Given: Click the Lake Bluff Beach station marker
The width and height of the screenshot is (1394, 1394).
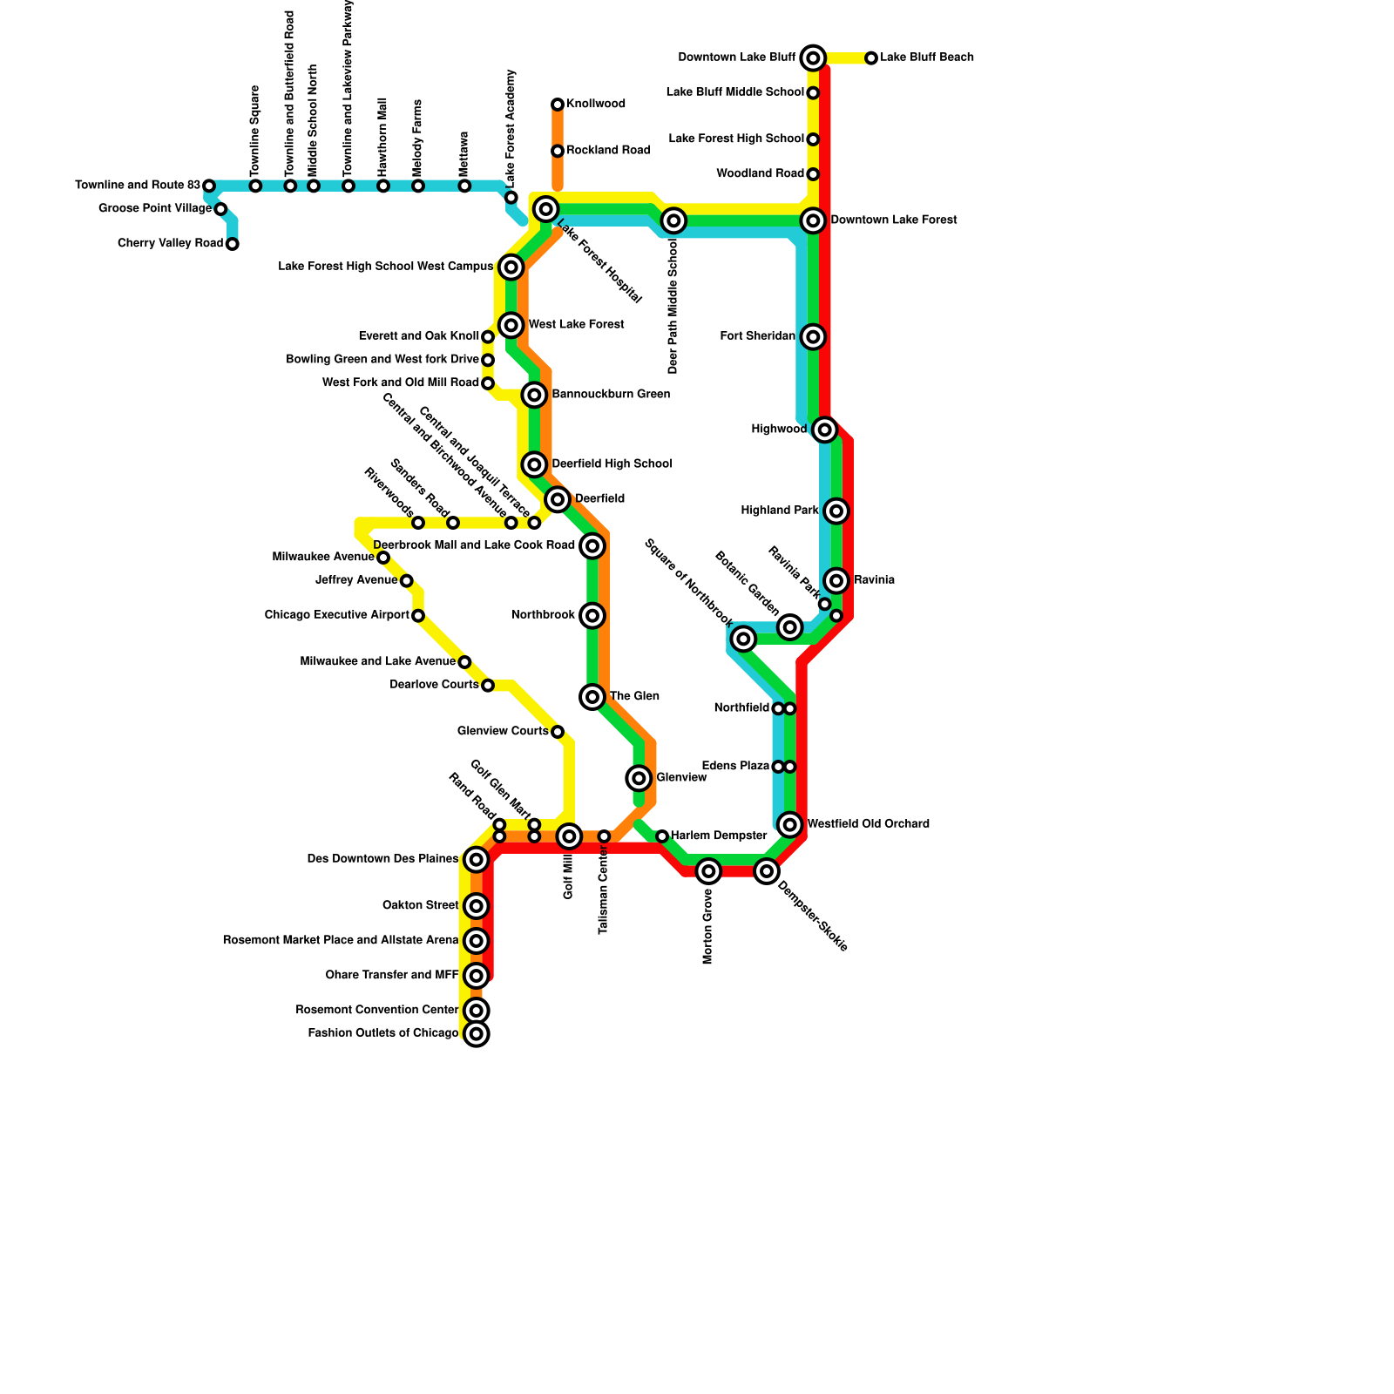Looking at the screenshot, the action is pos(871,58).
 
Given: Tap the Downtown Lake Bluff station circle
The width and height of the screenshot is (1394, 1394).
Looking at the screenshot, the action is pos(813,58).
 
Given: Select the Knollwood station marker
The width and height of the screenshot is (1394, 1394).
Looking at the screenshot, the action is pos(558,105).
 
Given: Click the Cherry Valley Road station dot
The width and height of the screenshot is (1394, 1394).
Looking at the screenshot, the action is pos(232,244).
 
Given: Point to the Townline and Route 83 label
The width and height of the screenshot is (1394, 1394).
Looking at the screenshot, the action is pos(138,186).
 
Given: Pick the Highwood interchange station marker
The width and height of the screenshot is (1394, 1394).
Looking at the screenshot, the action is pos(825,430).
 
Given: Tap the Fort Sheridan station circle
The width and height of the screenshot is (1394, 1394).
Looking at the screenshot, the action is pos(813,336).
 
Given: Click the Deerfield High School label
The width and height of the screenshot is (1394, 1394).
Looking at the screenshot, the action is pos(612,464).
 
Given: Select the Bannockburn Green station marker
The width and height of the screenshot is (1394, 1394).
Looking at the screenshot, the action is pos(534,395).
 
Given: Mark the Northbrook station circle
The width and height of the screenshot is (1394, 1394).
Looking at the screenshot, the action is pos(592,616).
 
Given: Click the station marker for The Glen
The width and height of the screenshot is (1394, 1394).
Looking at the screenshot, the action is pos(592,697).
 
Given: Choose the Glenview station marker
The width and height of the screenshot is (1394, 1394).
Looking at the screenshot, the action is pos(639,778).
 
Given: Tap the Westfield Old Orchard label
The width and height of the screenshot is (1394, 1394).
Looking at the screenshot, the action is pos(868,824).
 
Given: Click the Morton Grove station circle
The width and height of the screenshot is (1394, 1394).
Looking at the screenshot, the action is pos(708,871).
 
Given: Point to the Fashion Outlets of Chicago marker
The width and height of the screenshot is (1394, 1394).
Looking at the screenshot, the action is pos(476,1034).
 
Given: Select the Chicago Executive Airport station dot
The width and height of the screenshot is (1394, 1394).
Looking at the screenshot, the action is pos(418,616).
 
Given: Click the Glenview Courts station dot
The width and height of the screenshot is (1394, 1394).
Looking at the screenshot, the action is pos(558,732).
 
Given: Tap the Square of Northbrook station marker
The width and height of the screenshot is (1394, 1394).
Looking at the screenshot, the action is pos(743,639).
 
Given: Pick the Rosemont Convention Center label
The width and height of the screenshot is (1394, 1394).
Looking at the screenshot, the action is pos(376,1011).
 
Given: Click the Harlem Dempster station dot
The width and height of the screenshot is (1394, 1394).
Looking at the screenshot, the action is pos(662,836).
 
